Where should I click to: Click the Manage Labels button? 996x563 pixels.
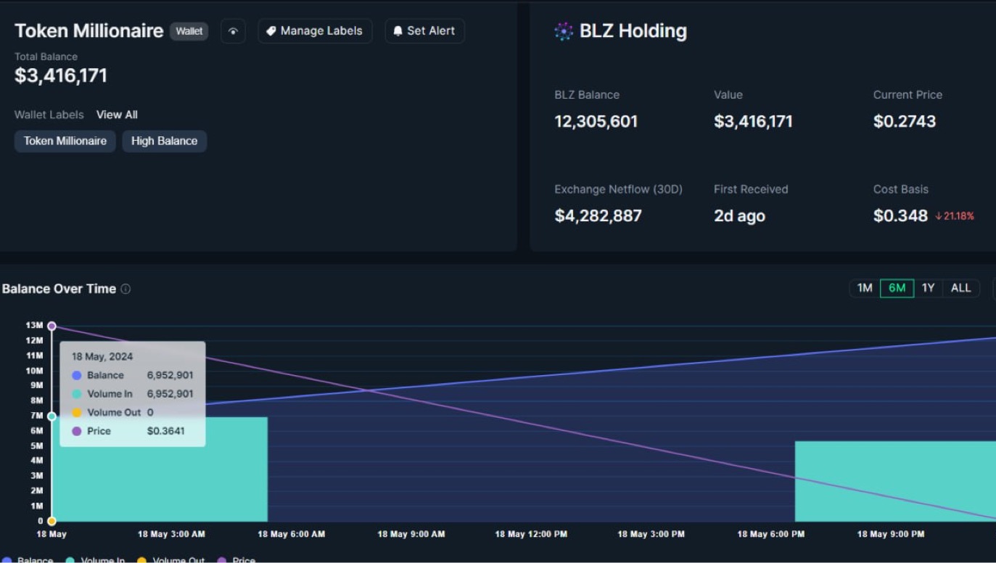coord(315,31)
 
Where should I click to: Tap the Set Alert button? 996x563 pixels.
coord(424,31)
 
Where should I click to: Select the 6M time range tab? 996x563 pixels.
coord(897,288)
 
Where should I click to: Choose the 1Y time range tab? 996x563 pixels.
coord(928,288)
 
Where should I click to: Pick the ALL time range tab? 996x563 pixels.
coord(960,288)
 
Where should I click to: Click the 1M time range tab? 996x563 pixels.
coord(865,288)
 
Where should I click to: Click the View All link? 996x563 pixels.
coord(117,115)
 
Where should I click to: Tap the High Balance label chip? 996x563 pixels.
coord(164,141)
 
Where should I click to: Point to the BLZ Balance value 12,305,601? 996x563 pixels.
coord(596,121)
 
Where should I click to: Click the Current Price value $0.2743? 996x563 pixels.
coord(904,121)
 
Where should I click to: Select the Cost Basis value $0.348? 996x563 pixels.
coord(900,215)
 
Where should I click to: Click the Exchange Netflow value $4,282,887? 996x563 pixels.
coord(598,215)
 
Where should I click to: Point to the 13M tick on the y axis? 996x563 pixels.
coord(34,326)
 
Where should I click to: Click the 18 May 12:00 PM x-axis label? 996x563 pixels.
coord(531,534)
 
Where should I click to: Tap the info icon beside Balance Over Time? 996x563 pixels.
coord(125,289)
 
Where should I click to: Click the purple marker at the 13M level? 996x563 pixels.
coord(52,326)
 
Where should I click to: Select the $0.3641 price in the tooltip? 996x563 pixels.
coord(165,431)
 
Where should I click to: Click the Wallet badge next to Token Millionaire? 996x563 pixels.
coord(189,31)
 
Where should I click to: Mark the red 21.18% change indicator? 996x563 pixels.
coord(955,216)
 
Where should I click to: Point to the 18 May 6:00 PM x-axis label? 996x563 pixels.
coord(770,534)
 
